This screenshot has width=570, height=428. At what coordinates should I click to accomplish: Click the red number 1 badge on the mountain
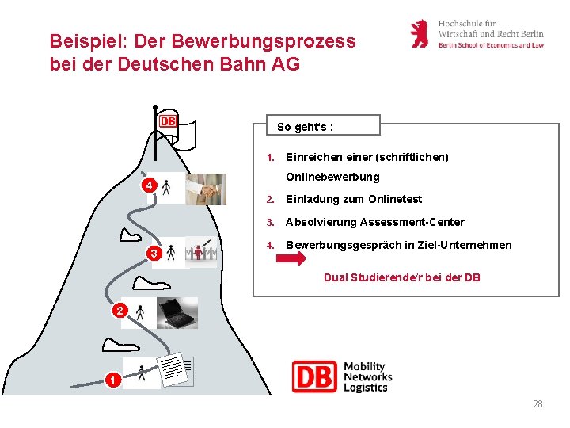[x=114, y=380]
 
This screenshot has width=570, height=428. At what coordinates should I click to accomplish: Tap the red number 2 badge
[x=119, y=311]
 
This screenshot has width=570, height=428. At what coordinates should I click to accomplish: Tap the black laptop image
[x=177, y=312]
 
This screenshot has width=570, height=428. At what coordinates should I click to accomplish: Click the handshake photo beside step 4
[x=207, y=189]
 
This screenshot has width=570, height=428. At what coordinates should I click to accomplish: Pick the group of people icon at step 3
[x=201, y=251]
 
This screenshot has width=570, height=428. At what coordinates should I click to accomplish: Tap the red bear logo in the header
[x=420, y=34]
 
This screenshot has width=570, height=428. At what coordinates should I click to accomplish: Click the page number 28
[x=538, y=404]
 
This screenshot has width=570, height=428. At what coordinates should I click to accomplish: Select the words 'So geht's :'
[x=305, y=127]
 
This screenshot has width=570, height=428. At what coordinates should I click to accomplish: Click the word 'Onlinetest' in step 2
[x=395, y=199]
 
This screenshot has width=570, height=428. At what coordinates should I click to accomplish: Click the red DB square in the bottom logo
[x=314, y=376]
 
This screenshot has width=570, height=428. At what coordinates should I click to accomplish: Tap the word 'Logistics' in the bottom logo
[x=366, y=388]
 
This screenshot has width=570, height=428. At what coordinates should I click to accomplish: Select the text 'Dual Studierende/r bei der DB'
[x=402, y=277]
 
